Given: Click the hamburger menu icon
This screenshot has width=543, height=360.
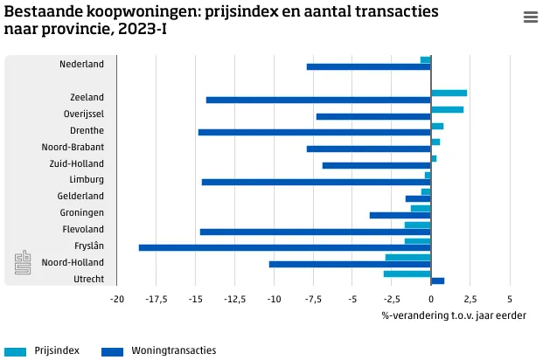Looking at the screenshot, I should pyautogui.click(x=530, y=17).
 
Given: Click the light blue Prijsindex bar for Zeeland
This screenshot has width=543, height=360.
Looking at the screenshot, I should pyautogui.click(x=449, y=93).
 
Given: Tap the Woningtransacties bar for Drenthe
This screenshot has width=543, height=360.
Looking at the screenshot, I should pyautogui.click(x=314, y=133).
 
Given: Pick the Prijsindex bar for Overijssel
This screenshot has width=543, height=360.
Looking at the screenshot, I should pyautogui.click(x=447, y=109).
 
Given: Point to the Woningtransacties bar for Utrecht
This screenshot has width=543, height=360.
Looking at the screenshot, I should pyautogui.click(x=437, y=281).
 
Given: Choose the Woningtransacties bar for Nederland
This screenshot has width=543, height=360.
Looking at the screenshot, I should pyautogui.click(x=368, y=67).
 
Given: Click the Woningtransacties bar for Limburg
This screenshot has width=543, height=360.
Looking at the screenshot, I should pyautogui.click(x=316, y=182).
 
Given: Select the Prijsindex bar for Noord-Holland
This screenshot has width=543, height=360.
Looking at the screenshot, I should pyautogui.click(x=407, y=257).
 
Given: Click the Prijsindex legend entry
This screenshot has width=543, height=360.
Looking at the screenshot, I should pyautogui.click(x=57, y=350).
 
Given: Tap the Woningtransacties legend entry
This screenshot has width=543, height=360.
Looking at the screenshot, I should pyautogui.click(x=173, y=350).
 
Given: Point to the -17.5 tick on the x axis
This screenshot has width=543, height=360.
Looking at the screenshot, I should pyautogui.click(x=156, y=299).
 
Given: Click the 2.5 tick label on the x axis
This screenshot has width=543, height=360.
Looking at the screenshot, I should pyautogui.click(x=470, y=299).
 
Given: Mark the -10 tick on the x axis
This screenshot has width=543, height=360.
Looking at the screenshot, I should pyautogui.click(x=274, y=299).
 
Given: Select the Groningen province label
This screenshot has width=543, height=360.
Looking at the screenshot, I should pyautogui.click(x=82, y=212).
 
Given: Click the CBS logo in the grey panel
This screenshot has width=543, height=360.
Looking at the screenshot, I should pyautogui.click(x=23, y=263).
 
